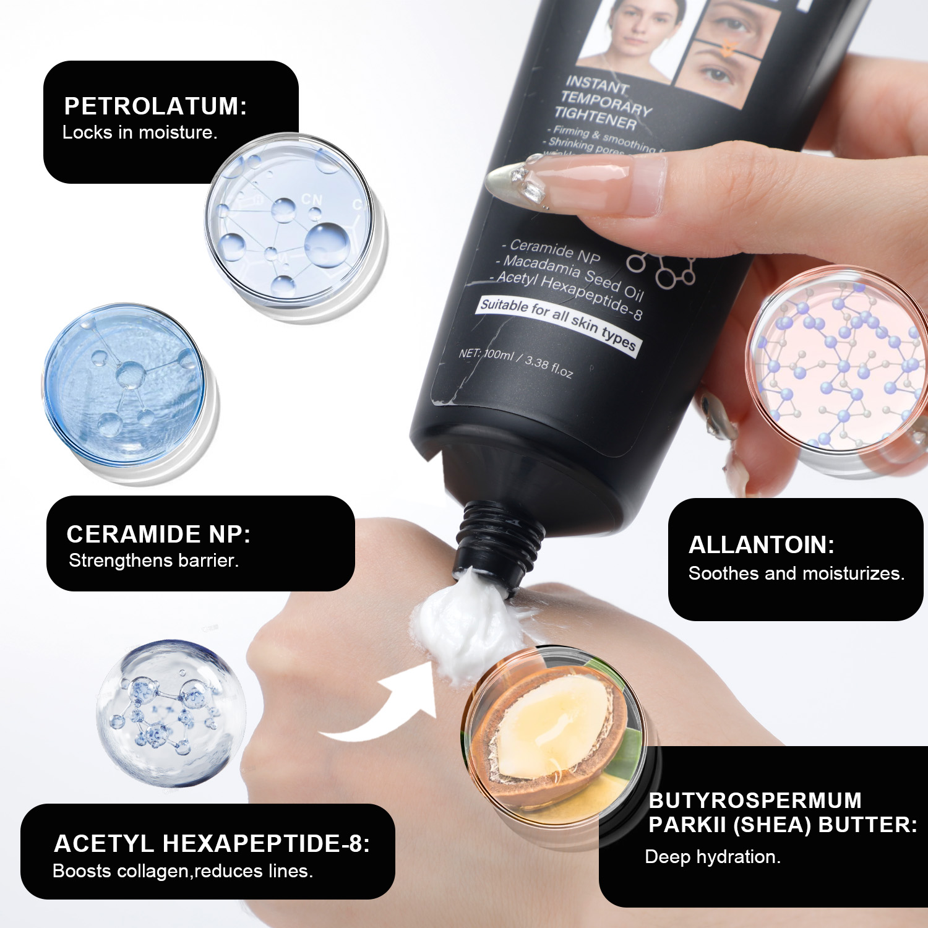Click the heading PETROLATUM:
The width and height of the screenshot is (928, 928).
tap(155, 106)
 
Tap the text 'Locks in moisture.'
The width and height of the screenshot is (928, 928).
tap(140, 132)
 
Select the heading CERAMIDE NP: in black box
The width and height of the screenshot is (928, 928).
tap(158, 535)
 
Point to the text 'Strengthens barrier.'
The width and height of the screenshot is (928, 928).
tap(153, 561)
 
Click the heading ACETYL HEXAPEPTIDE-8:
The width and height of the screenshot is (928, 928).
tap(212, 844)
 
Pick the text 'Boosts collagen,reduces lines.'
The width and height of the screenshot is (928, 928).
tap(183, 871)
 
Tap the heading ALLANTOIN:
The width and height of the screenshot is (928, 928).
tap(762, 545)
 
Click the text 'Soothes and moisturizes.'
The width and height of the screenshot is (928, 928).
tap(796, 574)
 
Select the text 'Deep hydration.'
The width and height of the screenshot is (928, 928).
tap(713, 857)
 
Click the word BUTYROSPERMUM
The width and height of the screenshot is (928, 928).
tap(755, 801)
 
